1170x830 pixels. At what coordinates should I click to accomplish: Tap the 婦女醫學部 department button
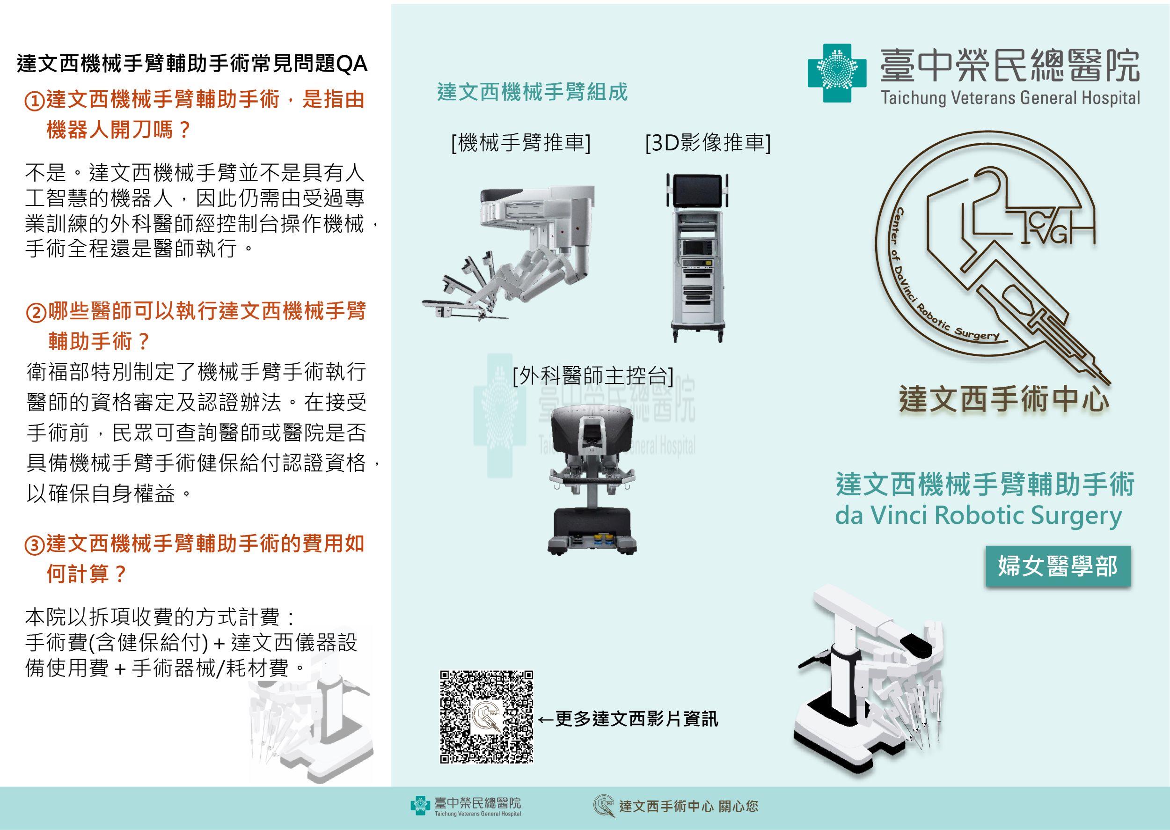[1058, 566]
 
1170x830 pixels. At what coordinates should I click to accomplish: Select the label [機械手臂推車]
[520, 143]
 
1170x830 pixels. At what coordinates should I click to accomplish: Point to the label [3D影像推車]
[708, 143]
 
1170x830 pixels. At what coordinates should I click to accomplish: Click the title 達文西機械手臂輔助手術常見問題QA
[192, 65]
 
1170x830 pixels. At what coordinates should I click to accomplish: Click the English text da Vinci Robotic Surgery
[978, 516]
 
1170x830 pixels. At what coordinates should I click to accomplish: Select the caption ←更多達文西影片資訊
[629, 719]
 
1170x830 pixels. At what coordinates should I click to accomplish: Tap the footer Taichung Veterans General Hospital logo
[466, 806]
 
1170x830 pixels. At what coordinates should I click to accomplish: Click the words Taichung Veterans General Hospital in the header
[1010, 98]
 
